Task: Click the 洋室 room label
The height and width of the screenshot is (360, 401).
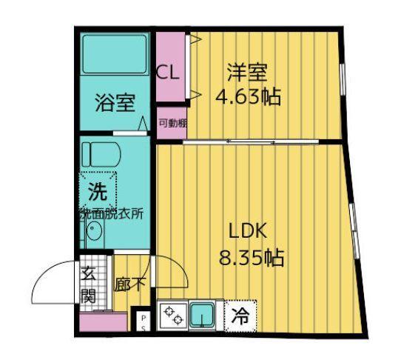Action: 246,73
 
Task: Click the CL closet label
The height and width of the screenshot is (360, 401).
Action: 168,73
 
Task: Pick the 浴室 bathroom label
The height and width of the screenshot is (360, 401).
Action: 112,103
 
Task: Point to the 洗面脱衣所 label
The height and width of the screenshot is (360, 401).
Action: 112,213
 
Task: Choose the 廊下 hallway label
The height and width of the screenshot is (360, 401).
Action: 130,284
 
